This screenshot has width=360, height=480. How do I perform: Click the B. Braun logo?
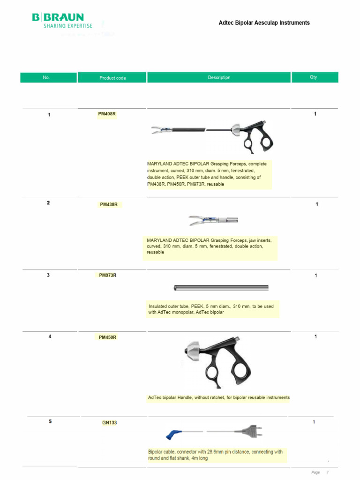coord(62,21)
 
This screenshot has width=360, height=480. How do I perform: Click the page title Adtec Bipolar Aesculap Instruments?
coord(264,22)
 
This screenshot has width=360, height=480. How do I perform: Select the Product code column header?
coord(112,78)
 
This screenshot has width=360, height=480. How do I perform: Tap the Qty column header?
coord(314,77)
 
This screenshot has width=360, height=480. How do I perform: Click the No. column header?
coord(46,77)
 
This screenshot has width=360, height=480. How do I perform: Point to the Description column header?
coord(219,77)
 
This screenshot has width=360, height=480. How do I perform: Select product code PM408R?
coord(106,114)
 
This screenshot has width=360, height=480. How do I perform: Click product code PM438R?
coord(108,204)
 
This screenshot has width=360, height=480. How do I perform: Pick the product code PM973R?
coord(108,275)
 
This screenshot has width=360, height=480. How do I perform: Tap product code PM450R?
coord(108,337)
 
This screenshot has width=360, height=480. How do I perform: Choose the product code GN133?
coord(109,422)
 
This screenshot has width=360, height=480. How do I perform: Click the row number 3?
coord(48,275)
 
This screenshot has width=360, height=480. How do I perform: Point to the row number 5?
coord(50,421)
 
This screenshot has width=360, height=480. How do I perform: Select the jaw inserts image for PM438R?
coord(213,219)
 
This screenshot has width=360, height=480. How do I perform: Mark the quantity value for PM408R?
coord(315,114)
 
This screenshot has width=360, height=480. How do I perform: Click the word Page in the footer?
coord(315,472)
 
